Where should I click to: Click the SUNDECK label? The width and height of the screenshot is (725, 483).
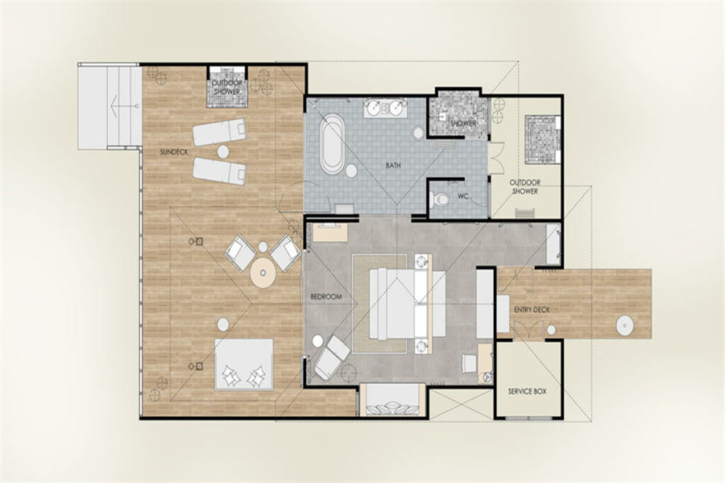174,152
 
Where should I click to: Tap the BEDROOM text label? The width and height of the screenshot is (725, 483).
326,297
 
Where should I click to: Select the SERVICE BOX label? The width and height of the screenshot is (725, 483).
527,391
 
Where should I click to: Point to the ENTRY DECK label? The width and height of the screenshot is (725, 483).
532,310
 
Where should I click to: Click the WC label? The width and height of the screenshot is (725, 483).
463,196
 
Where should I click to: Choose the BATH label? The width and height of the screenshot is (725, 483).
393,166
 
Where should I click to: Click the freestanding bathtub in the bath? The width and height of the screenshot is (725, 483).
332,144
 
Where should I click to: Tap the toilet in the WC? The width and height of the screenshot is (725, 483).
440,200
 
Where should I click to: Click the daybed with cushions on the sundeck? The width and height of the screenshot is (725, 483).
244,365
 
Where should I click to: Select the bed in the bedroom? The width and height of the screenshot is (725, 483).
407,303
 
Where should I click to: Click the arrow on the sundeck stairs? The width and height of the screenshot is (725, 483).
124,105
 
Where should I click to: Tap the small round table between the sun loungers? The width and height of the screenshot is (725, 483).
223,151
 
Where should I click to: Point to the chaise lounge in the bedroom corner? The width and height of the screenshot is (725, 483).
332,357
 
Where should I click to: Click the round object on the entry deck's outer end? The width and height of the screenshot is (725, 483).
624,325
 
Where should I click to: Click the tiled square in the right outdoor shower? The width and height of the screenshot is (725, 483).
542,139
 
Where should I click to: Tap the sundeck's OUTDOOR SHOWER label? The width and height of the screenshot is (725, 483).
227,88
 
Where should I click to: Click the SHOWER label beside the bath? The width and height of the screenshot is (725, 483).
463,123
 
